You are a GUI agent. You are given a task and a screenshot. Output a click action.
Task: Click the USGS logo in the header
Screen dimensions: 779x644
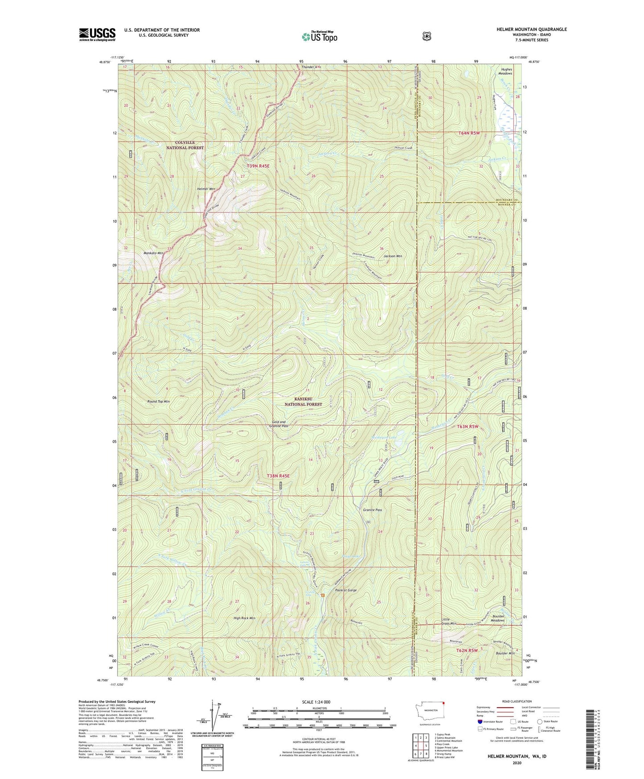click(97, 34)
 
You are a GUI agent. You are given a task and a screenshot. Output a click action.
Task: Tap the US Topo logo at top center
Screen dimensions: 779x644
click(319, 36)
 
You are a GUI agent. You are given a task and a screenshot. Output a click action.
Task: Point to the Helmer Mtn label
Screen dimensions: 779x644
click(206, 189)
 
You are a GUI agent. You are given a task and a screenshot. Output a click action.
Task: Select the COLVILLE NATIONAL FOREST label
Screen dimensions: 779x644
click(185, 145)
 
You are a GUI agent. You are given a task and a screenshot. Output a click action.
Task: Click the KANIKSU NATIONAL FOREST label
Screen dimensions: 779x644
click(304, 402)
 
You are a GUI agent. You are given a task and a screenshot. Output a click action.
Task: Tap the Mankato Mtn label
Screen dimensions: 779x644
click(153, 253)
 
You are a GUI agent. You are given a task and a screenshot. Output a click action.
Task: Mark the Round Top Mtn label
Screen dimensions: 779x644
click(158, 402)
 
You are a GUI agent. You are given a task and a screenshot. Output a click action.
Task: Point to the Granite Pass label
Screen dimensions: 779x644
click(373, 510)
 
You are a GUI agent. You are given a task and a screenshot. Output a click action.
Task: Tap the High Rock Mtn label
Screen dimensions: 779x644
click(244, 618)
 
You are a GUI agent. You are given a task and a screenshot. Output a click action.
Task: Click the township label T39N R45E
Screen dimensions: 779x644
click(258, 166)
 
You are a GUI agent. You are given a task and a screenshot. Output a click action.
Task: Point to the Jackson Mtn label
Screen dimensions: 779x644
click(393, 256)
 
